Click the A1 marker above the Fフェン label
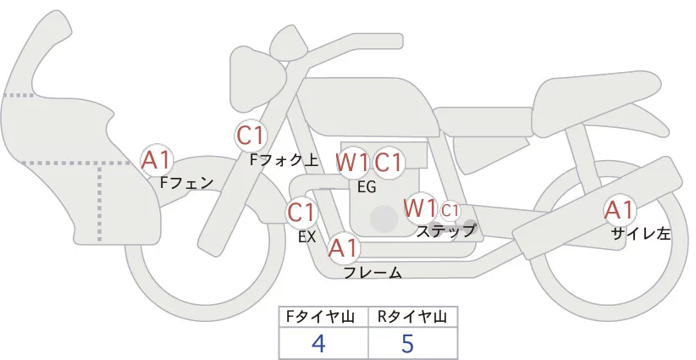[x=157, y=159]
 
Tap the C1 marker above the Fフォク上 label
[x=251, y=135]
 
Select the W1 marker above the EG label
[x=352, y=162]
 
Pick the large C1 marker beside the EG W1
[x=389, y=162]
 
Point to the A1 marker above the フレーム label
[x=344, y=249]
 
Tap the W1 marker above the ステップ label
[x=419, y=208]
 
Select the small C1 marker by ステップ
[x=450, y=209]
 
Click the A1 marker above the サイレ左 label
[x=619, y=211]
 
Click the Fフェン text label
[x=187, y=182]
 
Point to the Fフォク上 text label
[x=284, y=158]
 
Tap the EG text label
[x=367, y=187]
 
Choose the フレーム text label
[x=373, y=273]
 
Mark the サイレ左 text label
[x=641, y=235]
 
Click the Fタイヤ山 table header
[x=324, y=317]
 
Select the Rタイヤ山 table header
[x=412, y=317]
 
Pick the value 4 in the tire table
[x=318, y=343]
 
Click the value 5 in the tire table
[x=408, y=343]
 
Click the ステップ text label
[x=445, y=230]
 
